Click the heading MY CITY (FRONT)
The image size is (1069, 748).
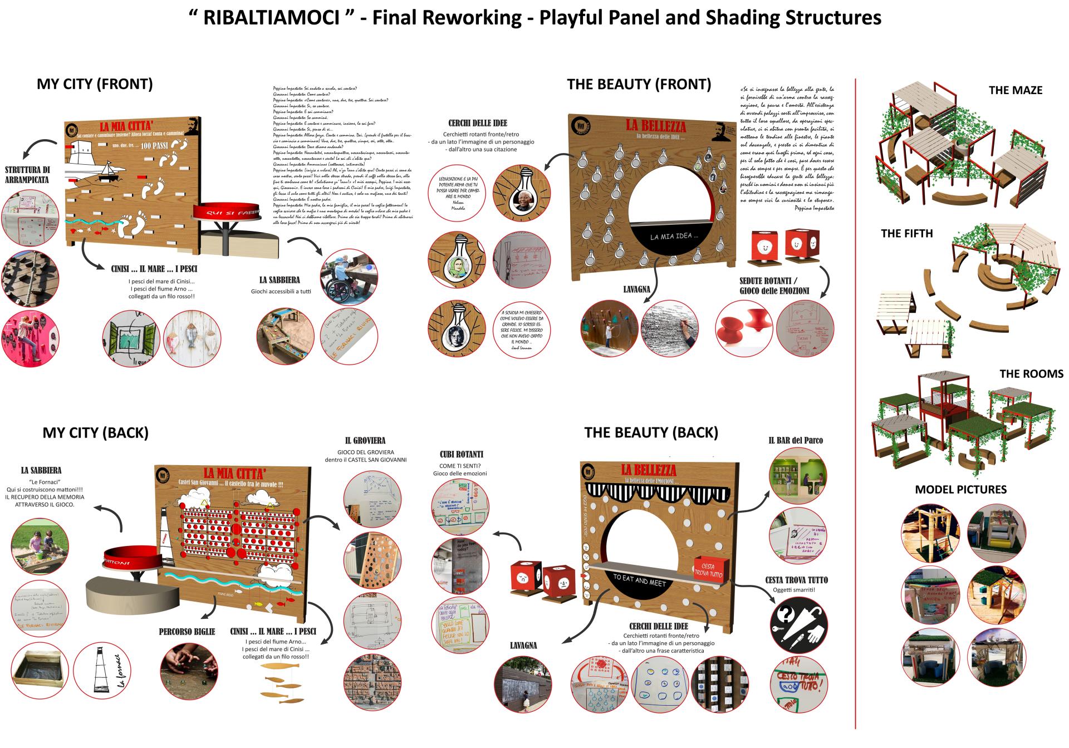coord(95,84)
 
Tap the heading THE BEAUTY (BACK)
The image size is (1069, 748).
coord(651,432)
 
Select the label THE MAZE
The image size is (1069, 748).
coord(1016,90)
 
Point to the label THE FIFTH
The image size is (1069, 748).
coord(906,234)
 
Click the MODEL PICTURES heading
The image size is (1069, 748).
coord(961,490)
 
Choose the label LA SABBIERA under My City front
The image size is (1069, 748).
coord(279,280)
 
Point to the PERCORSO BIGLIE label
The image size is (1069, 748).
coord(187,632)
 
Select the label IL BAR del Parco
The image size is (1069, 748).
coord(796,440)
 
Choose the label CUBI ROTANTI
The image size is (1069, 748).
coord(461,454)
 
